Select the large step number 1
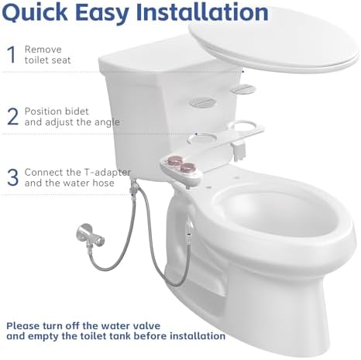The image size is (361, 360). pyautogui.click(x=11, y=54)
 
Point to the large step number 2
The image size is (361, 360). pyautogui.click(x=12, y=116)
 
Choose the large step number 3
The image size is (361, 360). pyautogui.click(x=12, y=177)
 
